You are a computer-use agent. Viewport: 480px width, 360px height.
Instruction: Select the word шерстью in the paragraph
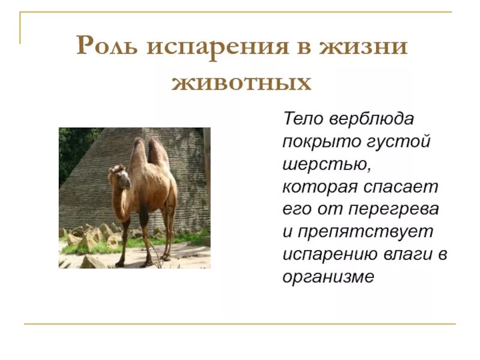317,164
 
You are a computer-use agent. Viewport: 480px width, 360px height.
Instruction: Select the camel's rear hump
158,150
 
